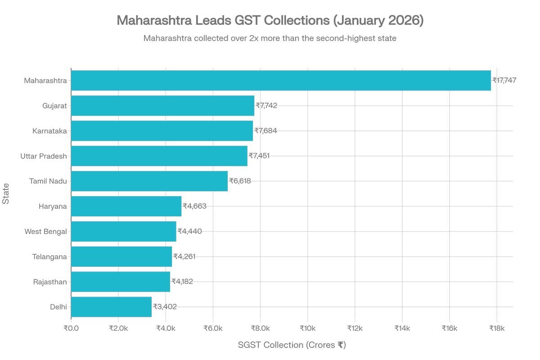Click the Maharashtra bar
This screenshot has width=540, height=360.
pos(281,81)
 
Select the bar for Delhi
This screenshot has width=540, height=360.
pos(111,307)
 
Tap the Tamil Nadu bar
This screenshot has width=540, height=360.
pos(149,181)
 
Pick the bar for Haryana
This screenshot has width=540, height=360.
pos(126,206)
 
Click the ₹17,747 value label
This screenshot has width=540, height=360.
pos(504,81)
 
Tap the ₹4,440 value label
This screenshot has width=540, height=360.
pos(189,231)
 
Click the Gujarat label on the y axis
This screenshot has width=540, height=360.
pos(54,106)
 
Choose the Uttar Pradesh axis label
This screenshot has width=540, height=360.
pos(44,156)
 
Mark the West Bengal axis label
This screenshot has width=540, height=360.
pos(45,231)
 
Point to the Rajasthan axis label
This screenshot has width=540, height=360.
pos(50,282)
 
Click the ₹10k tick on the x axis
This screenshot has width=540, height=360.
pos(307,328)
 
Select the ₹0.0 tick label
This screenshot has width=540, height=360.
pos(71,328)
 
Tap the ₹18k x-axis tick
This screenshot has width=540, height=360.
pos(496,328)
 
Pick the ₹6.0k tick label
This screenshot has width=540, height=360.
pos(213,328)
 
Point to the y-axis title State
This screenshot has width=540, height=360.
pos(6,194)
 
